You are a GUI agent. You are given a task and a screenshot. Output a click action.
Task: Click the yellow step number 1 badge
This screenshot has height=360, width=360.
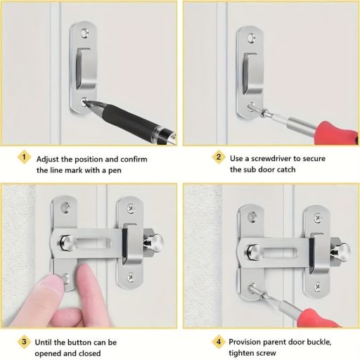pyautogui.click(x=24, y=157)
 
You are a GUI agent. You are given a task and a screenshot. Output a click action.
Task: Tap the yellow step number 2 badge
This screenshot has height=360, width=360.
pyautogui.click(x=219, y=157)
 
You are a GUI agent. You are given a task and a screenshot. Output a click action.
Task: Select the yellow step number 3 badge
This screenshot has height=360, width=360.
pyautogui.click(x=24, y=342)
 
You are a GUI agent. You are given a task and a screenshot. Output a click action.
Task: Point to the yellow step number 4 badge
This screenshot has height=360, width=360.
pyautogui.click(x=219, y=342)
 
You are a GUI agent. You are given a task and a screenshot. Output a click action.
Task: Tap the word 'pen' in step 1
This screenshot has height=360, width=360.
pyautogui.click(x=115, y=170)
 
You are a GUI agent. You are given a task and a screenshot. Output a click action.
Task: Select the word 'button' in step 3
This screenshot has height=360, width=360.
pyautogui.click(x=79, y=342)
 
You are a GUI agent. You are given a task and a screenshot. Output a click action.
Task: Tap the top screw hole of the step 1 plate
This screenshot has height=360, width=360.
pyautogui.click(x=84, y=33)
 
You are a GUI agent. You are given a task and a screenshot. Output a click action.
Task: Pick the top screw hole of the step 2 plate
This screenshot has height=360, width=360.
pyautogui.click(x=252, y=38)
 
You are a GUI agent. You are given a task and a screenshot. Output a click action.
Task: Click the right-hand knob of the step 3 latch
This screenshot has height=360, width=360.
pyautogui.click(x=154, y=242)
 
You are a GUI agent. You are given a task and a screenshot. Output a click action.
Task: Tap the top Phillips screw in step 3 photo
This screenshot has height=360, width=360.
pyautogui.click(x=130, y=208)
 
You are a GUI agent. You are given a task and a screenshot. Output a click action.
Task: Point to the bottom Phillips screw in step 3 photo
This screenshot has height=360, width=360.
pyautogui.click(x=131, y=278)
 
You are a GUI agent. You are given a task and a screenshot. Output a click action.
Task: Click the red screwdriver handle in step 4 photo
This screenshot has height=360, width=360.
pyautogui.click(x=319, y=319)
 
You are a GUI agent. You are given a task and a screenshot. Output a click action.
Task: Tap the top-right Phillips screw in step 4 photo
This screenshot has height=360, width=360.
pyautogui.click(x=317, y=218)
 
